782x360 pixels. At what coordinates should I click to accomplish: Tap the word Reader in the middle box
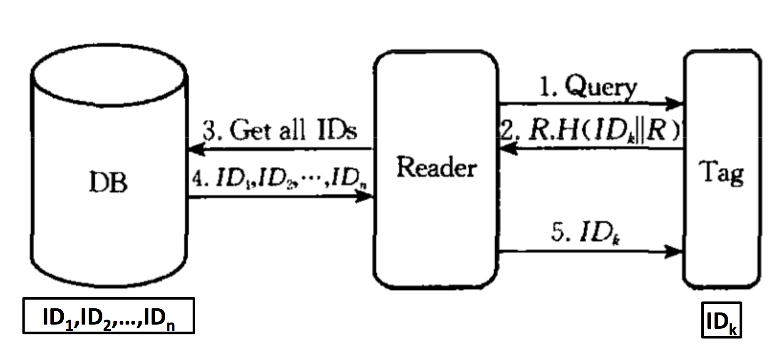pyautogui.click(x=436, y=167)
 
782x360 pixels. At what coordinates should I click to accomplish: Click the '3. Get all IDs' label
pyautogui.click(x=280, y=130)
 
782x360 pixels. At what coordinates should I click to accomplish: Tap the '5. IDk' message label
pyautogui.click(x=586, y=233)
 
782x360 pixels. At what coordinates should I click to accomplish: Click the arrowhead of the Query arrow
pyautogui.click(x=675, y=103)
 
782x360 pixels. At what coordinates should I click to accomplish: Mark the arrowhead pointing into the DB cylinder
pyautogui.click(x=197, y=149)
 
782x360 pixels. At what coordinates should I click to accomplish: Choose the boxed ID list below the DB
pyautogui.click(x=109, y=316)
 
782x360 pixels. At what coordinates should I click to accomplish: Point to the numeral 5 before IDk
pyautogui.click(x=557, y=232)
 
